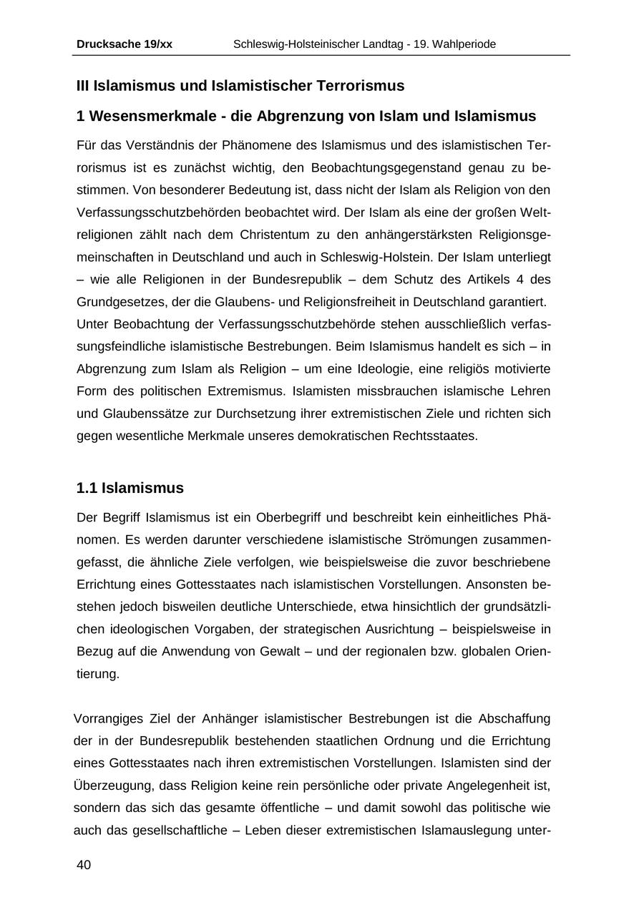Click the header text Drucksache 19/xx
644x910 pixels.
pyautogui.click(x=125, y=44)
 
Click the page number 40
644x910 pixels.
pyautogui.click(x=84, y=865)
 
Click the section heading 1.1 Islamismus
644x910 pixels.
pyautogui.click(x=130, y=488)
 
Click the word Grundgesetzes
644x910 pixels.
pyautogui.click(x=114, y=301)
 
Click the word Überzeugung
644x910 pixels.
pyautogui.click(x=112, y=786)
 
